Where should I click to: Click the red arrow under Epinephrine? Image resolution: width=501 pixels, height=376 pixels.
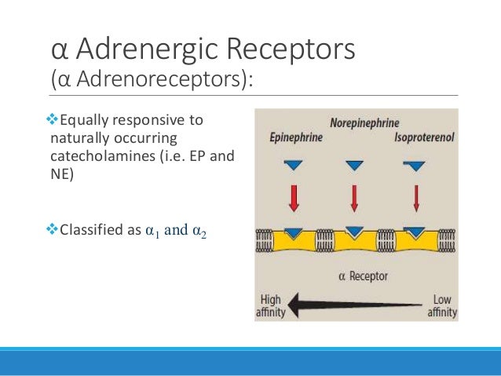click(x=294, y=198)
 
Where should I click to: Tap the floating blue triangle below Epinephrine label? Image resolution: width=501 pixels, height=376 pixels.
click(x=294, y=165)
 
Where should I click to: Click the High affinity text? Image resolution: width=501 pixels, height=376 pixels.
click(x=271, y=306)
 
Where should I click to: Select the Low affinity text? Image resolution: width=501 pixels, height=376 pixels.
click(x=442, y=306)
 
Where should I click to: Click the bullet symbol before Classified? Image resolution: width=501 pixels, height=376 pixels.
click(x=53, y=230)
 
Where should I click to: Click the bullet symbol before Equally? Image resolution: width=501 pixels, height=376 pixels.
click(x=53, y=120)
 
